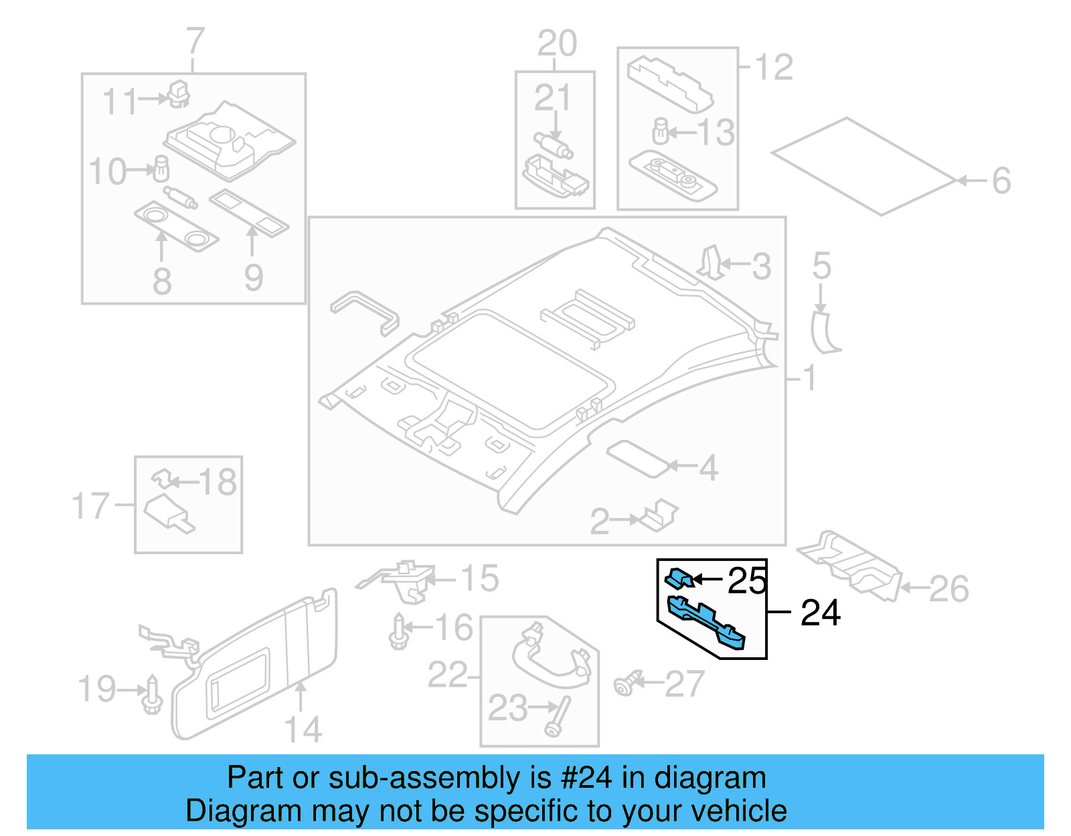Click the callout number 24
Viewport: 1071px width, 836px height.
pyautogui.click(x=820, y=612)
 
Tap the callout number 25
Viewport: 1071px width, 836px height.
pyautogui.click(x=747, y=580)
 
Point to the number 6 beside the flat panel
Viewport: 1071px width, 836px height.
pyautogui.click(x=1001, y=181)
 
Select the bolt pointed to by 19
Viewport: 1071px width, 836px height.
pyautogui.click(x=153, y=697)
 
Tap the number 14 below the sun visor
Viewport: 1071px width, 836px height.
pyautogui.click(x=303, y=729)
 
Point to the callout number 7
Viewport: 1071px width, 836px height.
pyautogui.click(x=194, y=41)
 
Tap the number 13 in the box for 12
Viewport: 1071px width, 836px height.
pyautogui.click(x=716, y=133)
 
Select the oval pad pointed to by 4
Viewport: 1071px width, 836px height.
pyautogui.click(x=637, y=458)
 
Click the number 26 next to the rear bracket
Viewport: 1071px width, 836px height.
pyautogui.click(x=949, y=589)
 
